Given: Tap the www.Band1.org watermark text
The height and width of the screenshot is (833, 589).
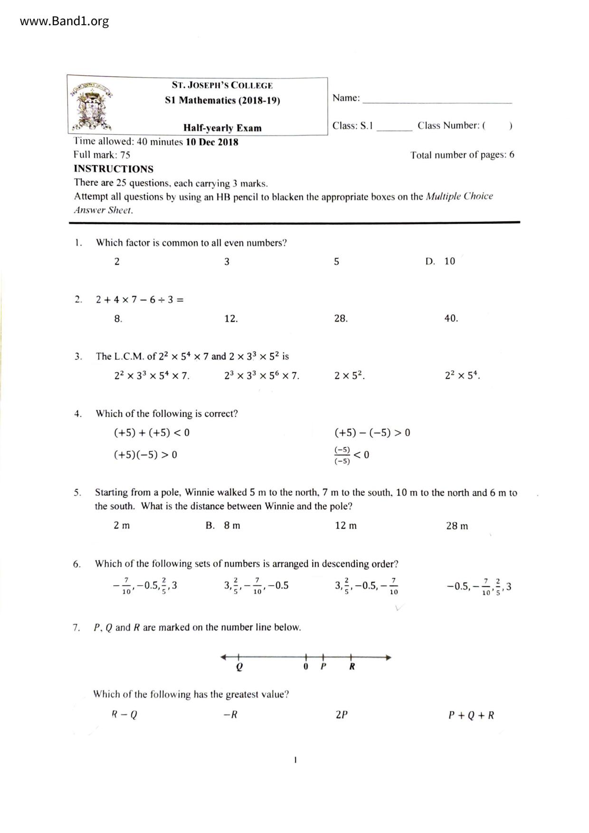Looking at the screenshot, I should point(64,21).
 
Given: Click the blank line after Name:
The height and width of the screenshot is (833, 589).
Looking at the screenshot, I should point(437,100).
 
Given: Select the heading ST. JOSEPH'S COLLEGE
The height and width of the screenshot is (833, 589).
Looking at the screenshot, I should point(222,85).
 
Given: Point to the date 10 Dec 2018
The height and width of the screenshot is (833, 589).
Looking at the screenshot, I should point(212,142).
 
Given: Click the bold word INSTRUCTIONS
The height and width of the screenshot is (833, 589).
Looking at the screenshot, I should point(114,169).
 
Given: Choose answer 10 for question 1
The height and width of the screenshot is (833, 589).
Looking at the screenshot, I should point(449,261).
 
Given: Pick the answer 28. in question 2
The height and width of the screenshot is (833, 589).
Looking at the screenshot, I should point(341,318).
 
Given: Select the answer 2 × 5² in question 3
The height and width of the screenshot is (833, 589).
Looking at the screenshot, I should point(349,376).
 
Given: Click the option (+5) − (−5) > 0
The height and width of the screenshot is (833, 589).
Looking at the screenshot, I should point(372,433).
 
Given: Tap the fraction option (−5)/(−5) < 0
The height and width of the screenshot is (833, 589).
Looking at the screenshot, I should point(352,455).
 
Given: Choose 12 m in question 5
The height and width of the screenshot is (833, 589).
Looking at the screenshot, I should point(346,526).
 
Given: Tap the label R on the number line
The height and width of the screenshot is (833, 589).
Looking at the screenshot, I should point(352,666).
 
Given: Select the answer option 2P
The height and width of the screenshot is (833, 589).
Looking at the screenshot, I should point(342,715).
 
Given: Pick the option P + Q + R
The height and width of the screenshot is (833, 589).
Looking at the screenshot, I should point(471,715).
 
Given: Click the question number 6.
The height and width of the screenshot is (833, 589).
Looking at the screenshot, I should point(77,564).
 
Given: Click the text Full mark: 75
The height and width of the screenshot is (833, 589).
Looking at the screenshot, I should point(102,155).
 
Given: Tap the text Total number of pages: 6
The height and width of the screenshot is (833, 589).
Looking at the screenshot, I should point(462,155).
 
